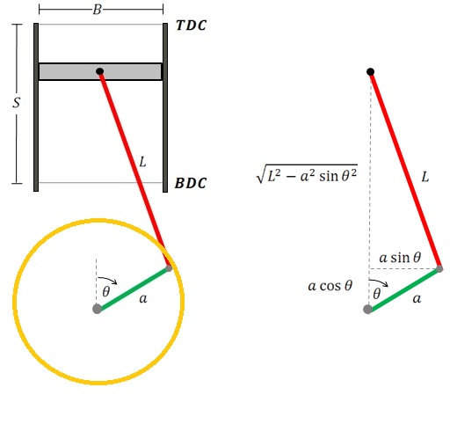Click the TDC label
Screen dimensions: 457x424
point(192,26)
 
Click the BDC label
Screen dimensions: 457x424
point(191,183)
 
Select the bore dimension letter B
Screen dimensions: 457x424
point(98,10)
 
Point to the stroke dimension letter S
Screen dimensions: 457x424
point(17,103)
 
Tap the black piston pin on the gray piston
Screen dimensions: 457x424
point(100,71)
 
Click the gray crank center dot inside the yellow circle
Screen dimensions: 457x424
point(97,309)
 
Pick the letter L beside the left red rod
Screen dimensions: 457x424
point(142,162)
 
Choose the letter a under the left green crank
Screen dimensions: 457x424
point(143,299)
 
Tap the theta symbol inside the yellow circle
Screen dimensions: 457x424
point(106,291)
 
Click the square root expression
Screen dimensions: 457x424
point(307,174)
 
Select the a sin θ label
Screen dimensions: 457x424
point(400,258)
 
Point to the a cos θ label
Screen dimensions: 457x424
point(330,285)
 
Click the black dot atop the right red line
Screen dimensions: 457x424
point(371,71)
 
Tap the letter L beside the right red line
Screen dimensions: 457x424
point(425,177)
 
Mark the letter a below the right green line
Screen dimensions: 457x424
point(417,299)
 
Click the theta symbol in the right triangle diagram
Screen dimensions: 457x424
point(377,294)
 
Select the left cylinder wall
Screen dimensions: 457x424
point(36,107)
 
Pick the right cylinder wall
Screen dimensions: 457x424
point(165,107)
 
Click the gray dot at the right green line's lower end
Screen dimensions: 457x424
point(367,309)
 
